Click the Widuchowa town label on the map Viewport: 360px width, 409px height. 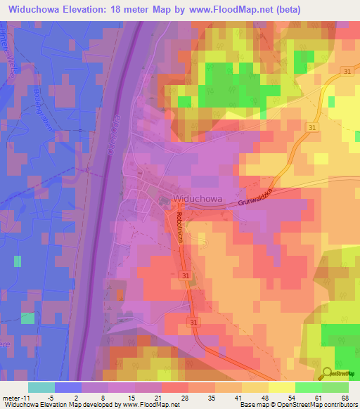pyautogui.click(x=199, y=199)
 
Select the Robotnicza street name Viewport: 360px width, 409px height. pyautogui.click(x=180, y=228)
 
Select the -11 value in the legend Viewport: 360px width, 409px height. pyautogui.click(x=25, y=397)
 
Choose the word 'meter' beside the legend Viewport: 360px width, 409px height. pyautogui.click(x=11, y=397)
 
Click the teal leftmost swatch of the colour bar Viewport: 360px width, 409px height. pyautogui.click(x=41, y=387)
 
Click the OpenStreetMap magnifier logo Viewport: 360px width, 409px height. pyautogui.click(x=328, y=373)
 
